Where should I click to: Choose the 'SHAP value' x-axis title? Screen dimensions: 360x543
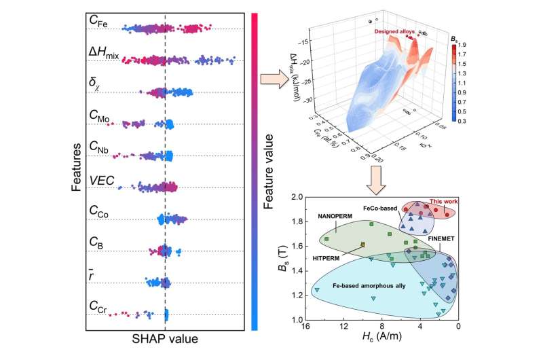[165, 338]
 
